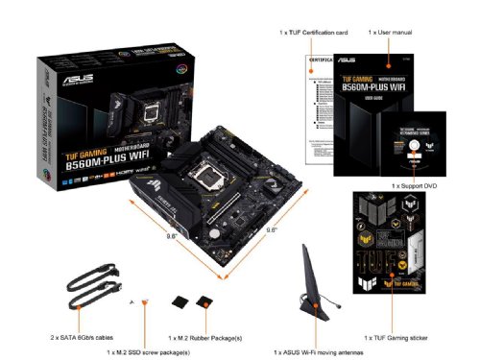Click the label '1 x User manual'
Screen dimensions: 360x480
click(390, 33)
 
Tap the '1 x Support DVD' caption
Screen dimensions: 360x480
click(413, 183)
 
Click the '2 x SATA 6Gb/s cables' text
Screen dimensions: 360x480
click(80, 338)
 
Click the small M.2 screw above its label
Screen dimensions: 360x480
click(144, 304)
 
